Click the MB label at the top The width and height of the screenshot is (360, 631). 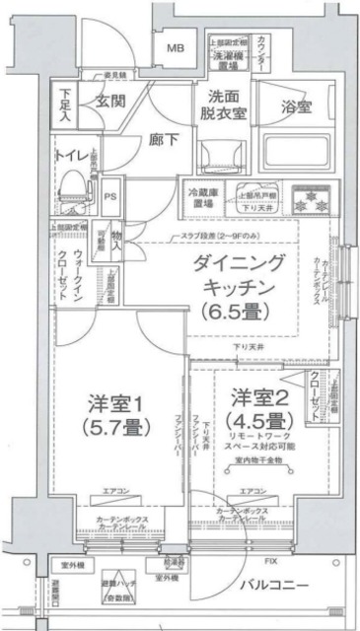click(x=175, y=48)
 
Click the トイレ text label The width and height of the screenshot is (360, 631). click(x=71, y=154)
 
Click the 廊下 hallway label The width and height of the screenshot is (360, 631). click(x=164, y=140)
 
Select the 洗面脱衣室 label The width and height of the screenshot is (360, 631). click(x=225, y=106)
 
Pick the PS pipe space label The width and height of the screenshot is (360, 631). click(x=111, y=194)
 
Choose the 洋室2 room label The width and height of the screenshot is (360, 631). click(x=260, y=398)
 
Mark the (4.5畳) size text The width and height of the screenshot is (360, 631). click(x=259, y=423)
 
